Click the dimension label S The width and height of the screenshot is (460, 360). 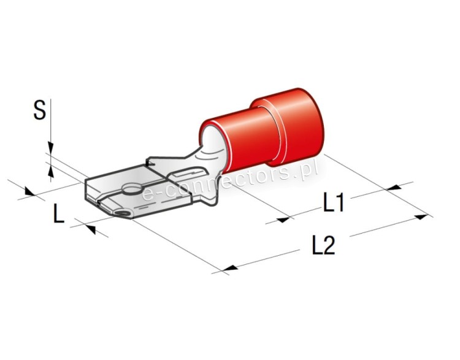(x=40, y=110)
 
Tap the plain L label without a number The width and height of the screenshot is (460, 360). (x=59, y=213)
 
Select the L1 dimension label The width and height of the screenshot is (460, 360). (x=333, y=202)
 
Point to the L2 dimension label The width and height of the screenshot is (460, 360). (x=323, y=245)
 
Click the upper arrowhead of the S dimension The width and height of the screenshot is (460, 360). (x=51, y=148)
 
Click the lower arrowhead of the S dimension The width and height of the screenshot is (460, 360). (x=51, y=171)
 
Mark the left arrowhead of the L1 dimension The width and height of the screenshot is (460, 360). (x=283, y=220)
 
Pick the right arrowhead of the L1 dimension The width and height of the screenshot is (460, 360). (x=394, y=187)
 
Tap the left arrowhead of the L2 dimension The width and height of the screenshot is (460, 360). (x=230, y=268)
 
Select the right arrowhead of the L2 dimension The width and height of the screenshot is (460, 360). (x=421, y=217)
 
